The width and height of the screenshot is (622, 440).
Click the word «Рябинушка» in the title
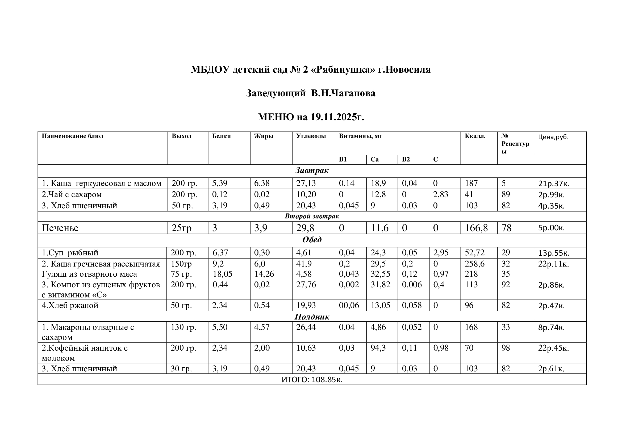[x=342, y=70]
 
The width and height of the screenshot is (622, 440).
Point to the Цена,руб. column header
[x=553, y=137]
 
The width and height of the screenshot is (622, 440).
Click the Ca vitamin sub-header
[x=374, y=159]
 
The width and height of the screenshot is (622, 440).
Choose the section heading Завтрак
[x=312, y=171]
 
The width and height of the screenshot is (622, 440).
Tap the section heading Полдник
[x=312, y=317]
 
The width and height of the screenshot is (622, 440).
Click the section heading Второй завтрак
[x=312, y=216]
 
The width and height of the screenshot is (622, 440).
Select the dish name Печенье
[x=60, y=228]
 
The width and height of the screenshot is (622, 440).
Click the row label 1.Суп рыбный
[x=70, y=253]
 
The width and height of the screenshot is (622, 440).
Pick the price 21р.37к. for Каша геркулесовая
[x=553, y=184]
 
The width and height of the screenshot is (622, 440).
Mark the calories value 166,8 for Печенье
[x=476, y=228]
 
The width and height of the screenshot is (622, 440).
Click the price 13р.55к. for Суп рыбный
[x=553, y=253]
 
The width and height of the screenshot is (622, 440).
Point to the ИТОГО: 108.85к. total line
[x=312, y=380]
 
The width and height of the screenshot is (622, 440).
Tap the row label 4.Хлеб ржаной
[x=70, y=306]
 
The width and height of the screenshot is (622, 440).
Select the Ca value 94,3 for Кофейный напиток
[x=378, y=348]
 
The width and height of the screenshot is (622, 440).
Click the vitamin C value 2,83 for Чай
[x=440, y=194]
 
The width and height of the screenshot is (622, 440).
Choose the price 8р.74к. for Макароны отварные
[x=551, y=327]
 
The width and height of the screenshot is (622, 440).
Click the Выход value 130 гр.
[x=181, y=327]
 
